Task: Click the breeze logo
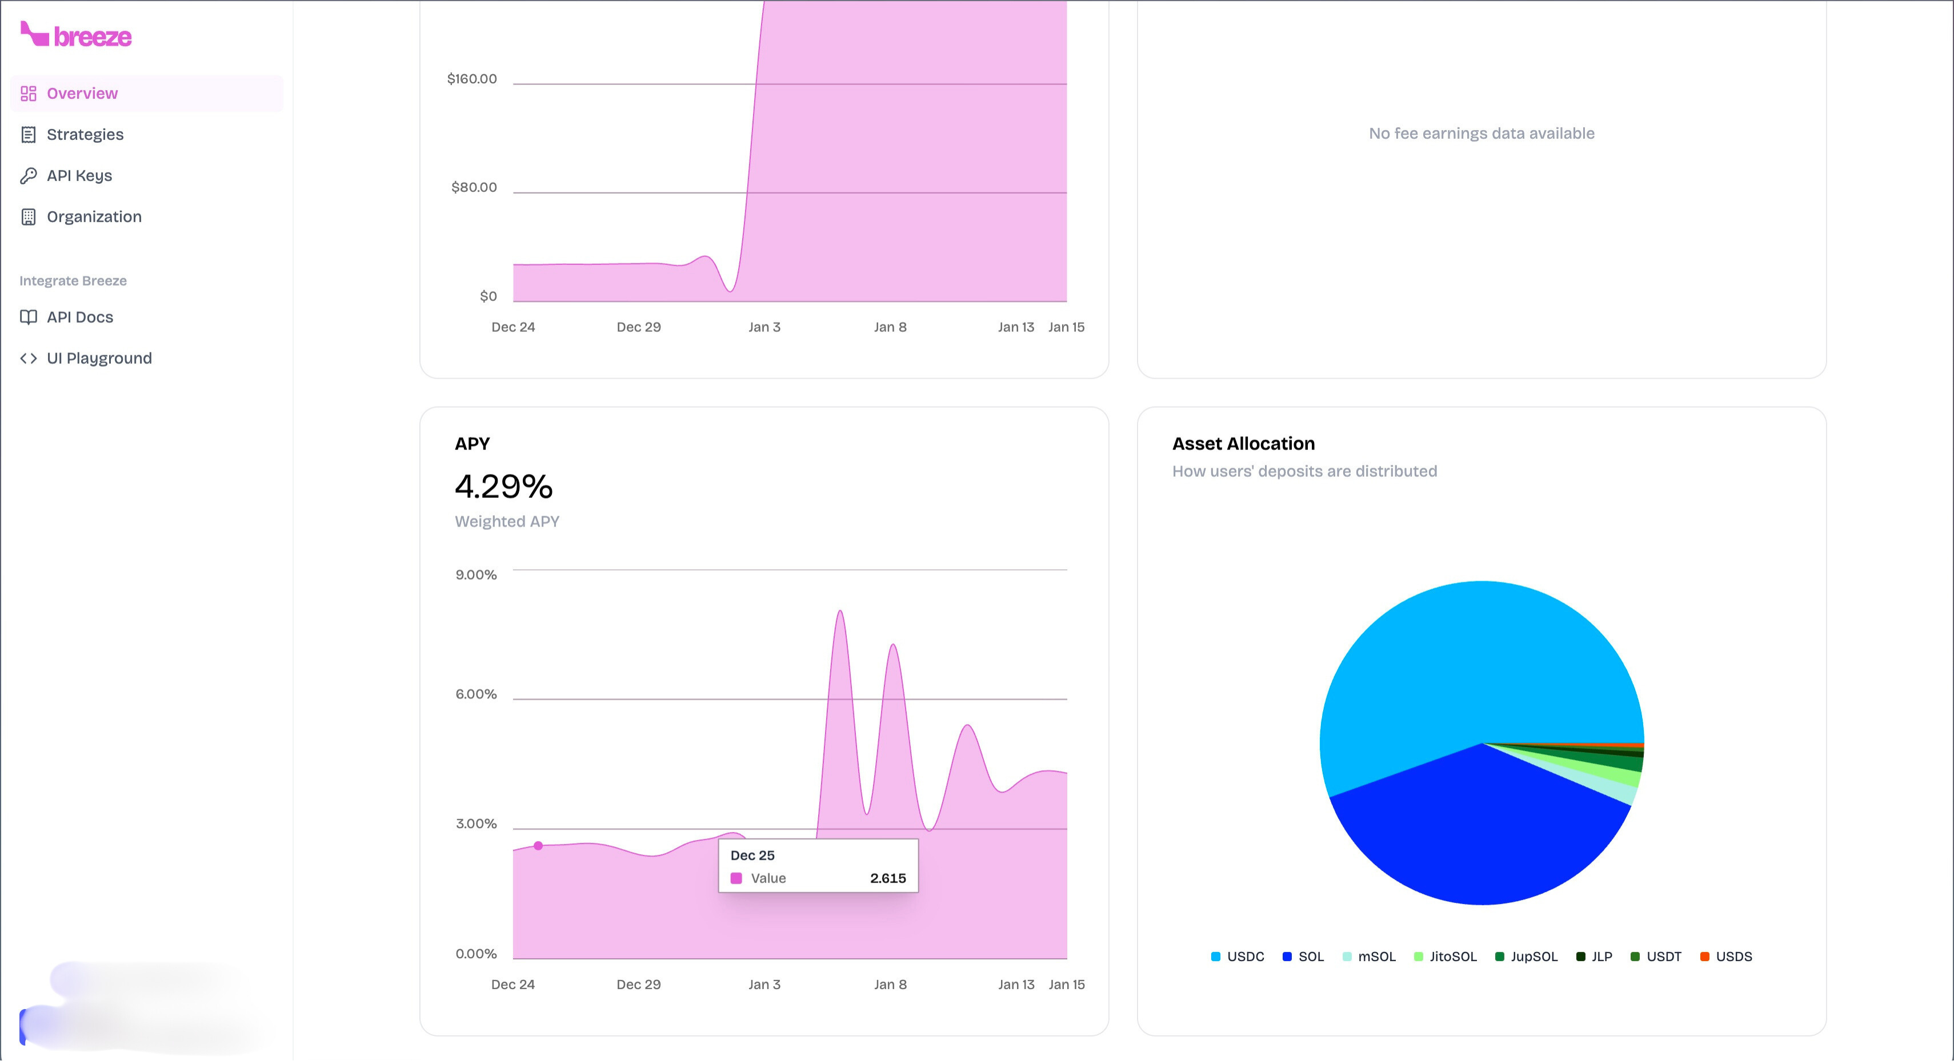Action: pyautogui.click(x=76, y=35)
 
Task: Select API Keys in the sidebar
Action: pyautogui.click(x=79, y=175)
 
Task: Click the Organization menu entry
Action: pyautogui.click(x=93, y=216)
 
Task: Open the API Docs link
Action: pyautogui.click(x=79, y=317)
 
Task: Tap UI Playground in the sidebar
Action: pyautogui.click(x=99, y=358)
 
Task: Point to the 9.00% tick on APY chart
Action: pyautogui.click(x=475, y=575)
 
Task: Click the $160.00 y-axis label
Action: pyautogui.click(x=472, y=79)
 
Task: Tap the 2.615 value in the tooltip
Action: pyautogui.click(x=887, y=878)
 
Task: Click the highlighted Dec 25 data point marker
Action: pyautogui.click(x=538, y=846)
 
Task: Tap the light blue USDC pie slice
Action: pyautogui.click(x=1464, y=668)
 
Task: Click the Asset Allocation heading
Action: pyautogui.click(x=1243, y=444)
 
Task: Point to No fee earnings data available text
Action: pyautogui.click(x=1481, y=134)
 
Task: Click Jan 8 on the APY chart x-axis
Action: pyautogui.click(x=890, y=984)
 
